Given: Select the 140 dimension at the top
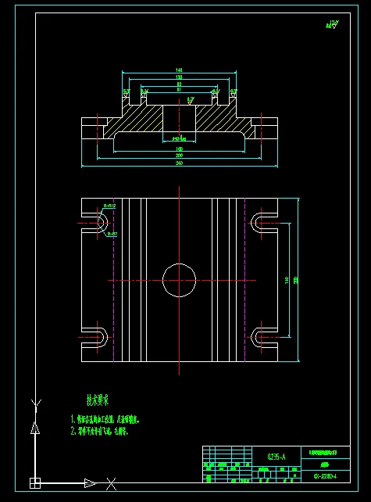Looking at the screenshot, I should tap(179, 71).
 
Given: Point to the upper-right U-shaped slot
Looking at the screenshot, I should tap(261, 223).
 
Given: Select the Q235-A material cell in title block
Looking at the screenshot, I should tap(276, 455).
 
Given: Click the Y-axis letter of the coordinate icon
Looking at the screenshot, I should tap(34, 403).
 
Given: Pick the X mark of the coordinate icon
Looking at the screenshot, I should tap(111, 482).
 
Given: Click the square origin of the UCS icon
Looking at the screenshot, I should tap(34, 482).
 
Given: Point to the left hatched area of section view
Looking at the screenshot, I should tap(129, 121).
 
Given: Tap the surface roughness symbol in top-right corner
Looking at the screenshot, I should tap(334, 26).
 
